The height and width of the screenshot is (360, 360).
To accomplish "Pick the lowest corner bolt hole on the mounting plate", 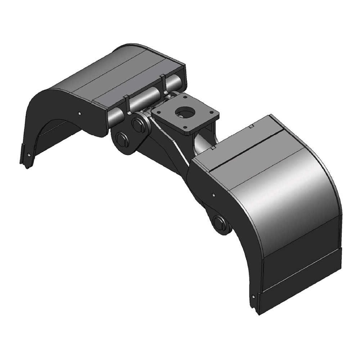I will [x=186, y=127].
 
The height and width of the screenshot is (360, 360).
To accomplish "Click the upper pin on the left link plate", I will [x=138, y=125].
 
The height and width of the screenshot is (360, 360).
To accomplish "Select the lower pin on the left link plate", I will [x=122, y=139].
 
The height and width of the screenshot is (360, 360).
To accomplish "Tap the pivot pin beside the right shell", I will [x=219, y=222].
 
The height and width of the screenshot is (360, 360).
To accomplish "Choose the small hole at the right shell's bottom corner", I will [x=255, y=297].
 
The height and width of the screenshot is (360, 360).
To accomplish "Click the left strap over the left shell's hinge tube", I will [x=127, y=103].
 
